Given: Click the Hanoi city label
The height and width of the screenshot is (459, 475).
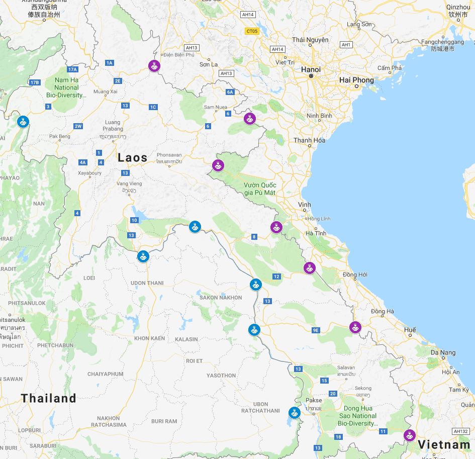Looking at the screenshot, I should pyautogui.click(x=311, y=69).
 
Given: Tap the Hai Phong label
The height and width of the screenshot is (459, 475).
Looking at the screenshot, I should pyautogui.click(x=356, y=80).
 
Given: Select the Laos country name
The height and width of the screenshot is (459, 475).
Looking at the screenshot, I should pyautogui.click(x=133, y=158).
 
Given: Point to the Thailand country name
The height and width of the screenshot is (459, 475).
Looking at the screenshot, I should pyautogui.click(x=49, y=399).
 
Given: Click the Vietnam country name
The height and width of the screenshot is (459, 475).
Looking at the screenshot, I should pyautogui.click(x=444, y=444).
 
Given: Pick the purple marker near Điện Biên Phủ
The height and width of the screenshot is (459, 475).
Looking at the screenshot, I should pyautogui.click(x=154, y=65).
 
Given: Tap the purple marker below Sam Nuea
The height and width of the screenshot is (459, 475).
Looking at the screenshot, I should pyautogui.click(x=250, y=119).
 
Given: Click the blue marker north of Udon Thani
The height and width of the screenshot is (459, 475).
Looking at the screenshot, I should pyautogui.click(x=143, y=256).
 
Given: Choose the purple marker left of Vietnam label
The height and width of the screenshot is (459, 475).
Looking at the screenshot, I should pyautogui.click(x=410, y=434).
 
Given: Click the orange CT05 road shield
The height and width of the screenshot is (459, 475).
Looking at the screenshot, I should pyautogui.click(x=251, y=31).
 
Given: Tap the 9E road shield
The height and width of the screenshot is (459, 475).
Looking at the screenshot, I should pyautogui.click(x=316, y=330).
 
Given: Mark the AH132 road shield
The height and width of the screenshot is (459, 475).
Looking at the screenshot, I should pyautogui.click(x=460, y=431).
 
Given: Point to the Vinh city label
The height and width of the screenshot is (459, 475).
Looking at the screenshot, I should pyautogui.click(x=304, y=205).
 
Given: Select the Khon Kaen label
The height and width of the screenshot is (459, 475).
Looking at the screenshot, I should pyautogui.click(x=149, y=338).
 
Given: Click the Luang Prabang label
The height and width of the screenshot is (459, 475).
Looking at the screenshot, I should pyautogui.click(x=113, y=125).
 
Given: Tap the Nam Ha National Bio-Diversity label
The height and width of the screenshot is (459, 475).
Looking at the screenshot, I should pyautogui.click(x=66, y=87).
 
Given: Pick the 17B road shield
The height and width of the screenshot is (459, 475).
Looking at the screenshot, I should pyautogui.click(x=34, y=82).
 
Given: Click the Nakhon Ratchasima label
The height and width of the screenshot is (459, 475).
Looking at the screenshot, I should pyautogui.click(x=109, y=421).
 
